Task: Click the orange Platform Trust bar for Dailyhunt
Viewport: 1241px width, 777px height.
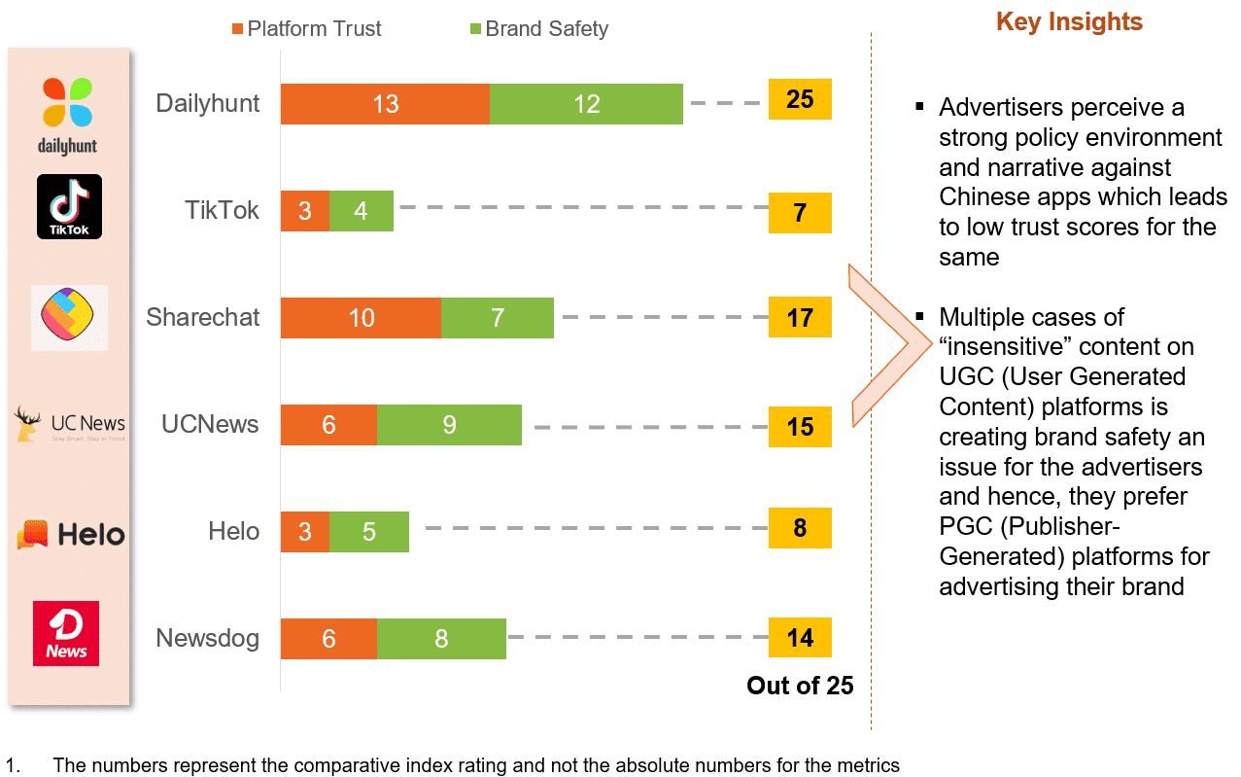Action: [385, 104]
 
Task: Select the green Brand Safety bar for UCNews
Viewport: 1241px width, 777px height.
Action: [449, 425]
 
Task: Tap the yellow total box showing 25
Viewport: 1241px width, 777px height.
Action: [800, 99]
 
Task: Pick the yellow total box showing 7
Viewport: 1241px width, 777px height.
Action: [800, 213]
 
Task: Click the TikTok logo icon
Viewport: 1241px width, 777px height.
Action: [69, 206]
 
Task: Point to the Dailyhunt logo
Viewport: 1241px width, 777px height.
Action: [68, 116]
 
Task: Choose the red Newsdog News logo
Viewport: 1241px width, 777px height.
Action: [66, 633]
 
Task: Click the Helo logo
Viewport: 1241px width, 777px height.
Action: [70, 534]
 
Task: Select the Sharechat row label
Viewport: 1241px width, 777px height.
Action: [203, 317]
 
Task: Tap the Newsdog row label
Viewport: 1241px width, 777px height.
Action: [208, 638]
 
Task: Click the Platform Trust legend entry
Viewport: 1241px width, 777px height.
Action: [306, 28]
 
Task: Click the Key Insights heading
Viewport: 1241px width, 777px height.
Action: [1069, 22]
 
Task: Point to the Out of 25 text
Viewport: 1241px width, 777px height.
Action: [800, 686]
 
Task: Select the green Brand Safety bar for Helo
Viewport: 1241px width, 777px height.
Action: [369, 532]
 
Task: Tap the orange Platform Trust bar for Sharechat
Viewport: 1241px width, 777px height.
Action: [361, 318]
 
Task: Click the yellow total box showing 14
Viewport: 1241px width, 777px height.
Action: [800, 638]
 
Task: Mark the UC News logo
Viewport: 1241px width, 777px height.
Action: [70, 424]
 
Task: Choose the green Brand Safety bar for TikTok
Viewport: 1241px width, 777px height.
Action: [362, 211]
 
